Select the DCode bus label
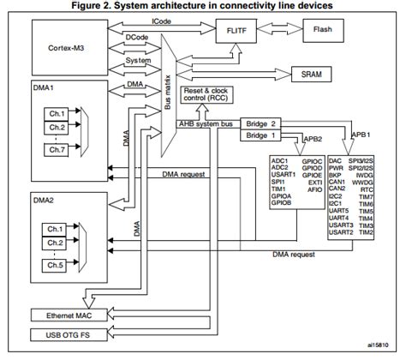click(x=136, y=39)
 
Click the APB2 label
click(x=313, y=137)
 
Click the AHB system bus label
click(x=203, y=125)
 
